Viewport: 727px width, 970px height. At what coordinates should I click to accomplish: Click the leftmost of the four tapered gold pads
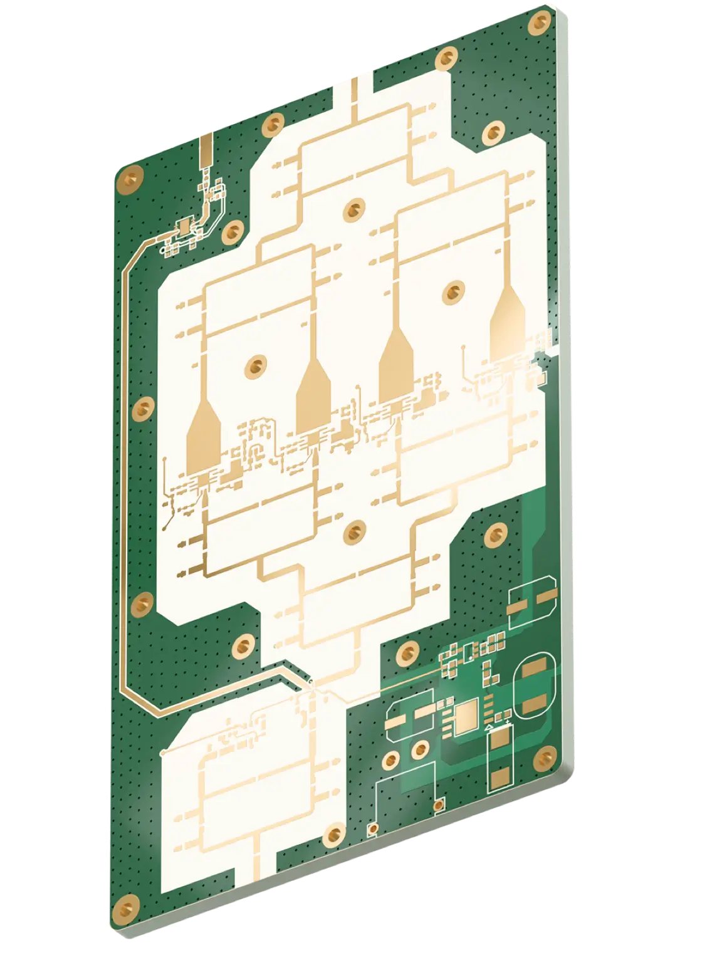point(204,439)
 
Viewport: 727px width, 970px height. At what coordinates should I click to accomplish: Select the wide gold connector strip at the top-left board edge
point(206,152)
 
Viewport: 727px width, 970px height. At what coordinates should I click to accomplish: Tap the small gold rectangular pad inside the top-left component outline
point(186,226)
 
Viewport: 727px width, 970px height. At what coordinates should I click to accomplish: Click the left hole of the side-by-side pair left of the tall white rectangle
point(390,760)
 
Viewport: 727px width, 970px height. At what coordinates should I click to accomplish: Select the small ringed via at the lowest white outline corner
point(373,829)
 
